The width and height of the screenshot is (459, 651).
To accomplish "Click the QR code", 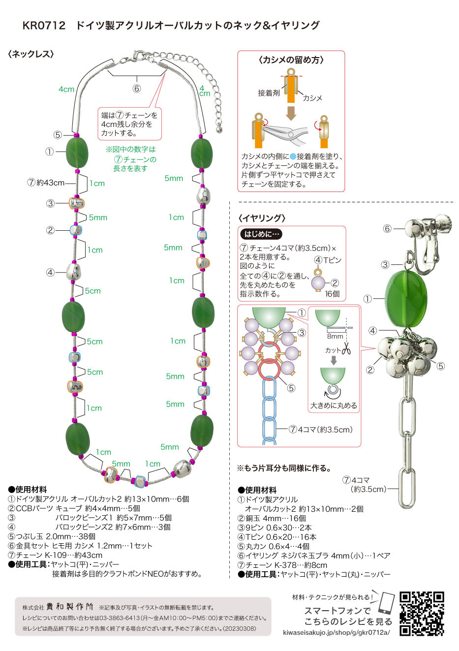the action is (422, 613).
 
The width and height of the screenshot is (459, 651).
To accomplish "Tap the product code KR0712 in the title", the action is (44, 26).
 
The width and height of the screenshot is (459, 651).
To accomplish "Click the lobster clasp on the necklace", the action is (138, 56).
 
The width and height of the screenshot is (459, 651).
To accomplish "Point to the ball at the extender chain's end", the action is (219, 129).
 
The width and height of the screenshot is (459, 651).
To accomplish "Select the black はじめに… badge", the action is (261, 234).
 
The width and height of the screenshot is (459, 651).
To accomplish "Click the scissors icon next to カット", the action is (346, 348).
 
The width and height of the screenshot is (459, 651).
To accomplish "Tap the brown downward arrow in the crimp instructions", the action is (291, 113).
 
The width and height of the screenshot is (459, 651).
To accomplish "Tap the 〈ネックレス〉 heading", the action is (31, 54).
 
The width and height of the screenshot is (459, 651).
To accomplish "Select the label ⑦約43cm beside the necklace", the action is (46, 183).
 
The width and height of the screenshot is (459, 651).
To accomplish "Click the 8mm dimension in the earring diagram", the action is (335, 336).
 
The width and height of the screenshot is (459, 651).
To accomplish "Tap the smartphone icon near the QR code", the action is (387, 603).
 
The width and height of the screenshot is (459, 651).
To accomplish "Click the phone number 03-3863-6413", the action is (118, 618).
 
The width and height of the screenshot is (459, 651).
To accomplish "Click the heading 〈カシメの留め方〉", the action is (291, 60).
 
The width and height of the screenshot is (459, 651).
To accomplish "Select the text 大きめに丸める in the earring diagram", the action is (334, 405).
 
